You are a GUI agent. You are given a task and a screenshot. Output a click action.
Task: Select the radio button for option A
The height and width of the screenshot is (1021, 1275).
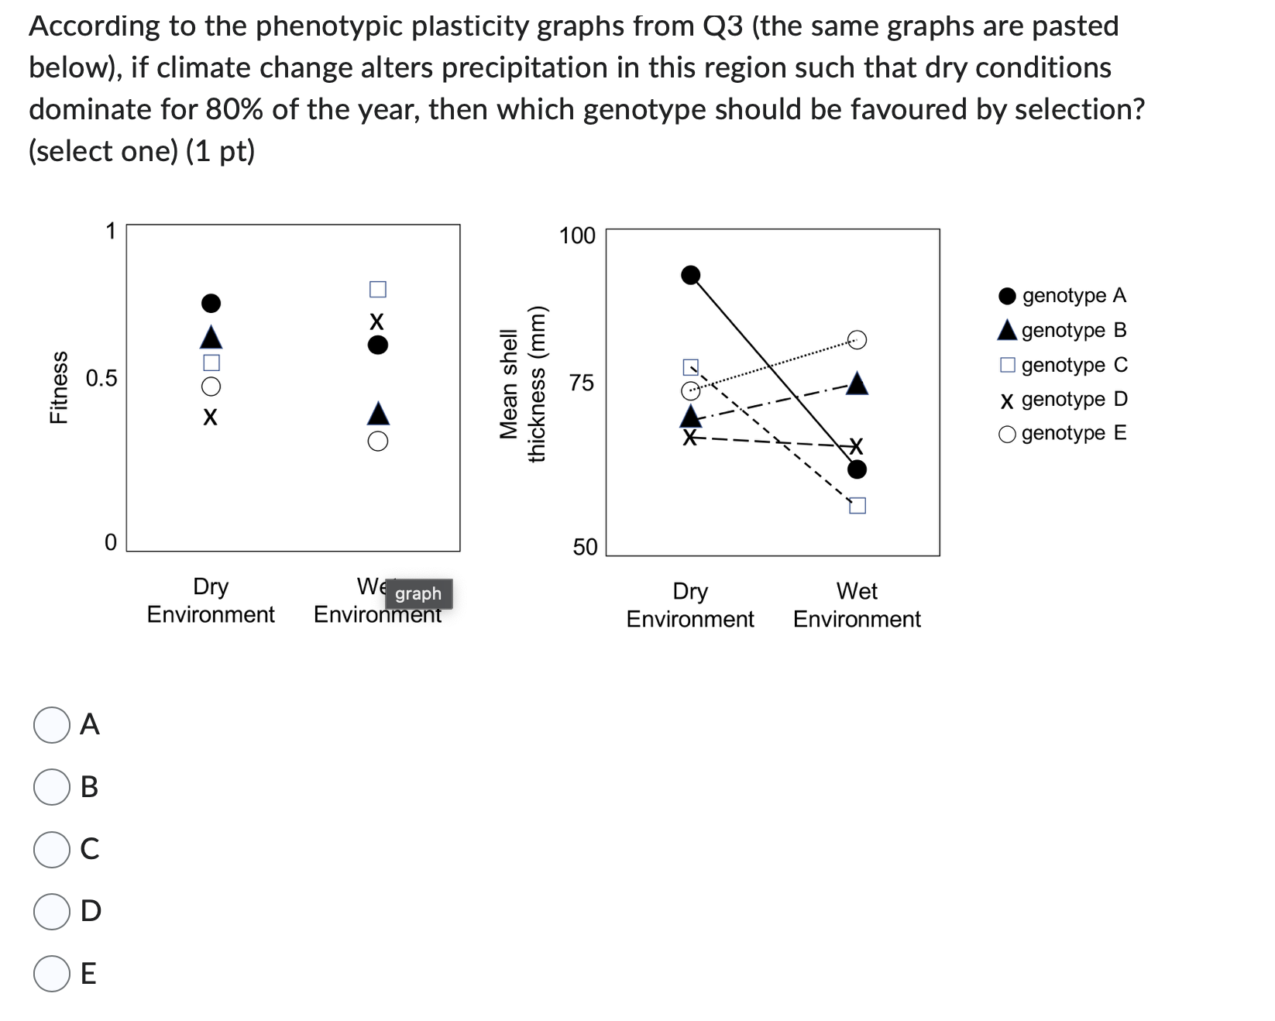pos(52,725)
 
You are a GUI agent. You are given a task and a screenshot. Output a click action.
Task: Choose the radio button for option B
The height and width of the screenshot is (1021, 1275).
pos(52,787)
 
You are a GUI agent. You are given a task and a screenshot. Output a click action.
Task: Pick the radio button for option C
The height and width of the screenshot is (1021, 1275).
pos(52,849)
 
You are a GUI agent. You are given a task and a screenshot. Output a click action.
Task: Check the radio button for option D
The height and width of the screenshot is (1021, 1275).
pos(52,911)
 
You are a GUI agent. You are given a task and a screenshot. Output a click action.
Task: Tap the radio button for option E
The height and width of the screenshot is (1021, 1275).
pos(52,973)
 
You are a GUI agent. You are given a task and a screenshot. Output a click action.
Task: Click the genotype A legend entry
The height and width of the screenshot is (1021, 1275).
pos(1063,296)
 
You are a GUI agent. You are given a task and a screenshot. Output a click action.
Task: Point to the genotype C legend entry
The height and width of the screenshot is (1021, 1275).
pos(1063,365)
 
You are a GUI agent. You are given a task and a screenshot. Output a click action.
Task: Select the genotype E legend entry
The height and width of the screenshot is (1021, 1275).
pos(1063,433)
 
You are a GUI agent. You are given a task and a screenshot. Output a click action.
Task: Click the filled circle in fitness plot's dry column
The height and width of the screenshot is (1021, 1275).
pos(211,302)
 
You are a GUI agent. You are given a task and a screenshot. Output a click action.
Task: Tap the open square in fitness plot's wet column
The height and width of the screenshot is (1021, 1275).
pos(377,289)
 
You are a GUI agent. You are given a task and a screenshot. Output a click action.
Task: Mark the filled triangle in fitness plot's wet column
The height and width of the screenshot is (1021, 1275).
pos(377,413)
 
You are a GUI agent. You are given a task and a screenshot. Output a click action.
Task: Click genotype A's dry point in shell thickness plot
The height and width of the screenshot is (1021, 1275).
pos(690,275)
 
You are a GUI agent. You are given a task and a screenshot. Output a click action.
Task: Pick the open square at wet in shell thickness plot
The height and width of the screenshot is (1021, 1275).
pos(857,506)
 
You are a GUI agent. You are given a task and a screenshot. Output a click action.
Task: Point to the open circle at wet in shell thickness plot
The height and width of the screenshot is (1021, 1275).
pos(857,339)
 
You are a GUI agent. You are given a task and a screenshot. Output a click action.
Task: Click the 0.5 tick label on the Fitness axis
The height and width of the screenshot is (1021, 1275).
pos(101,379)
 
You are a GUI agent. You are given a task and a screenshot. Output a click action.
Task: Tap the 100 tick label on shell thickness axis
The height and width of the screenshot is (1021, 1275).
pos(577,235)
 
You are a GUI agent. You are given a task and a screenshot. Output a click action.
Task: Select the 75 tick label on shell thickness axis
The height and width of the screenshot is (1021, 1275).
pos(583,383)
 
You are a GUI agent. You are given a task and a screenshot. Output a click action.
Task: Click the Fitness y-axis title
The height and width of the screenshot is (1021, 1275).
pos(58,387)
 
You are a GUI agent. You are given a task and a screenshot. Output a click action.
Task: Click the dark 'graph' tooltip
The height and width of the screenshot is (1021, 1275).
pos(418,594)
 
